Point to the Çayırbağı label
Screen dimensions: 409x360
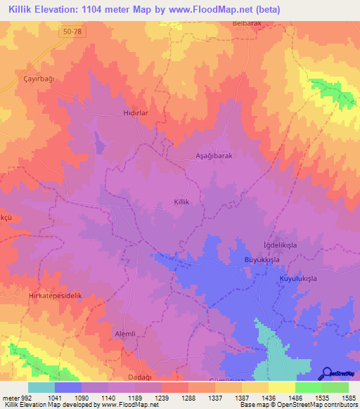38,79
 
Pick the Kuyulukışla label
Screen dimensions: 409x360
298,279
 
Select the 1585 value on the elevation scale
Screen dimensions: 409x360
348,398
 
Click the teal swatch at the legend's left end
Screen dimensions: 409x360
41,387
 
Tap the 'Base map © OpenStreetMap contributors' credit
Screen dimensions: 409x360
298,405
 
